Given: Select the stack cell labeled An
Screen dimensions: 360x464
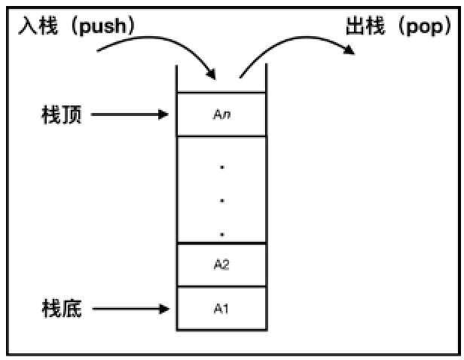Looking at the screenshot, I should (221, 114).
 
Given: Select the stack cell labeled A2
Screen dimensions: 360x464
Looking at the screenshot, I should (221, 265).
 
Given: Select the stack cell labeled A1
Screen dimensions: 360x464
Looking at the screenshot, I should (221, 308).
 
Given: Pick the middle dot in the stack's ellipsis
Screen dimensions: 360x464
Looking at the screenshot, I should (221, 201).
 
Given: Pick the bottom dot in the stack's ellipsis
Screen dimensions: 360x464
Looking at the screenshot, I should (221, 234).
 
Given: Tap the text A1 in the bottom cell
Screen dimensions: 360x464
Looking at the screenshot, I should (221, 308).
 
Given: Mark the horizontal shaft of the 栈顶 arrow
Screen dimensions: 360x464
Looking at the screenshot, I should (128, 114).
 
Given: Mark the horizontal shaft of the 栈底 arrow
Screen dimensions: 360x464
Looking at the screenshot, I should (128, 308).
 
